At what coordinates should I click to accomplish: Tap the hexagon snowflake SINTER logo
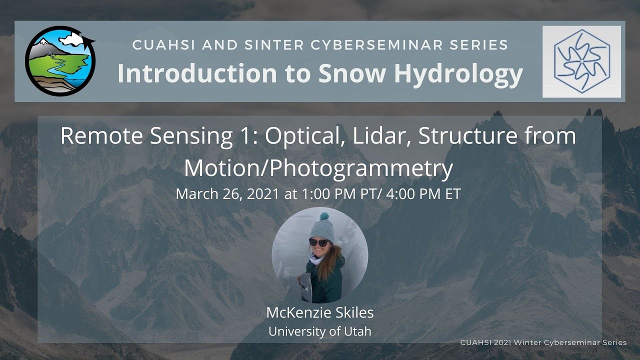coord(581,61)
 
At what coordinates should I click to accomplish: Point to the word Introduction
coord(196,73)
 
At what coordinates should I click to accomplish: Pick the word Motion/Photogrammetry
coord(318,168)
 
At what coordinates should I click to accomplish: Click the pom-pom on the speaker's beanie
coord(323,216)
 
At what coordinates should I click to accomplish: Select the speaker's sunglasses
coord(318,242)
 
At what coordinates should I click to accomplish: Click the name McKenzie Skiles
coord(320,313)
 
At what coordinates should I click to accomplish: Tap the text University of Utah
coord(320,331)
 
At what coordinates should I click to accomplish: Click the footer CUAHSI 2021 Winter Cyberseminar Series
coord(543,342)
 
